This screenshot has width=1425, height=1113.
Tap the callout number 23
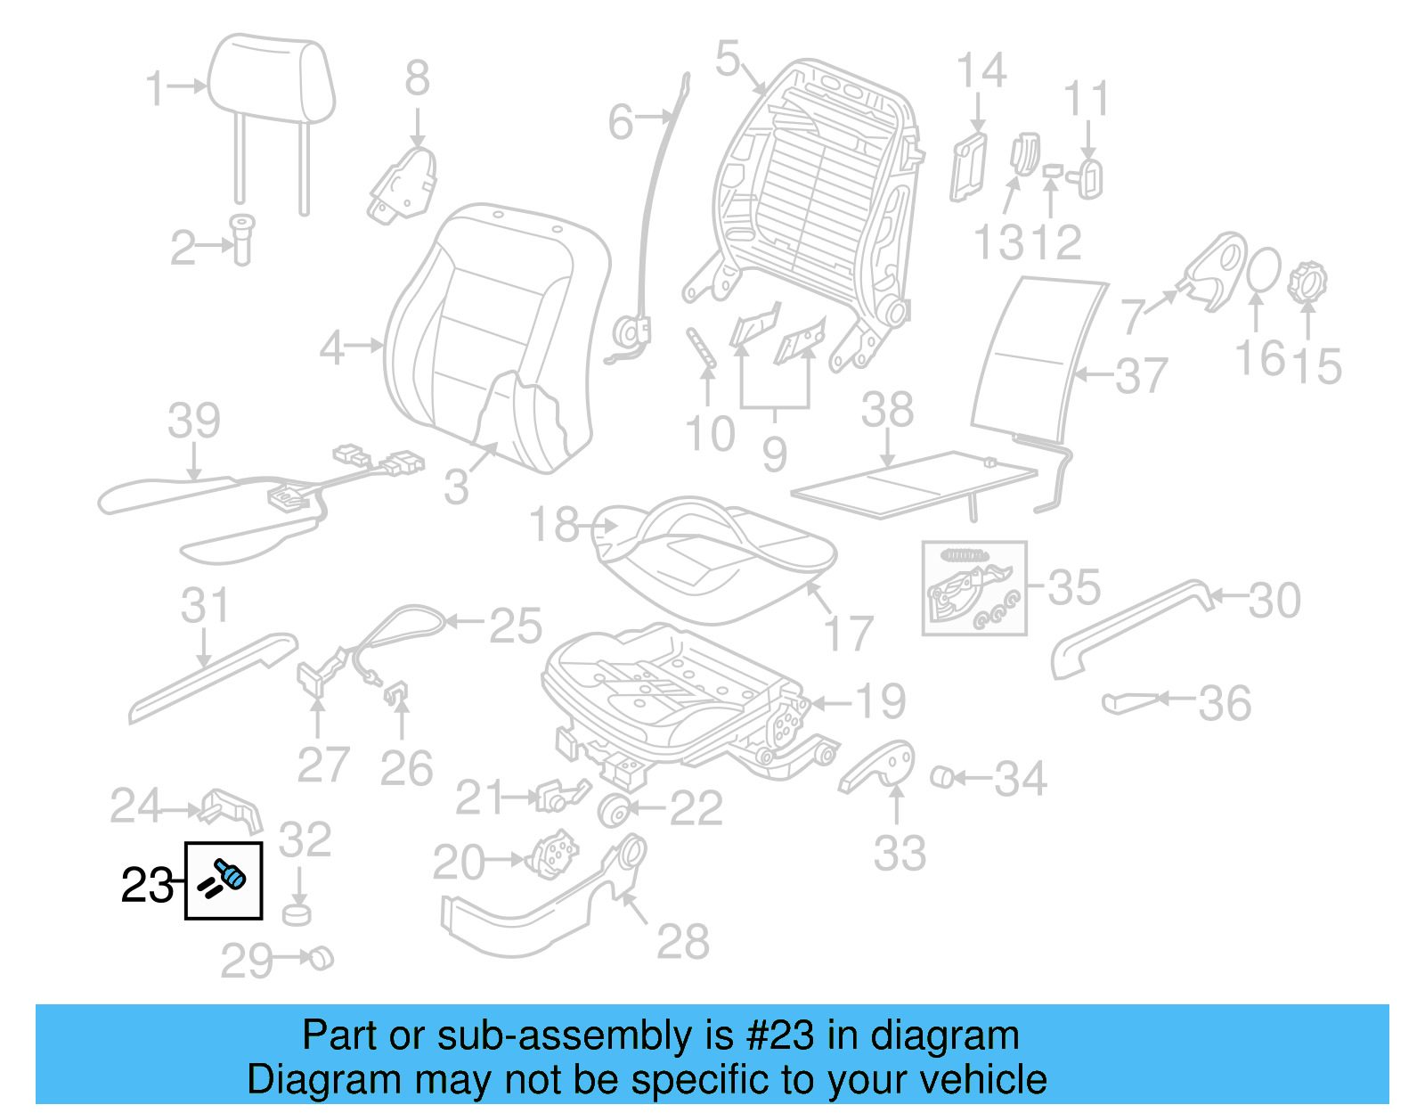coord(147,885)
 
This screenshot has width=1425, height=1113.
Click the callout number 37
coord(1141,375)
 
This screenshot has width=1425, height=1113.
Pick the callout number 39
coord(194,421)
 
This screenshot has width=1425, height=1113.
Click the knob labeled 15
coord(1307,282)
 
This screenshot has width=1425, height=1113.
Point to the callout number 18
coord(554,525)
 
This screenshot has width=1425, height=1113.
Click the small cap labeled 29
coord(320,959)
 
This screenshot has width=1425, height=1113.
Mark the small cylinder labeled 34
coord(941,777)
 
